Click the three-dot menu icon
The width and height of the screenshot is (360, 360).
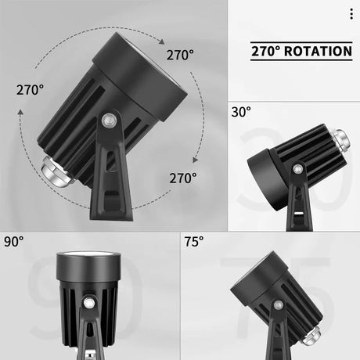(x=351, y=14)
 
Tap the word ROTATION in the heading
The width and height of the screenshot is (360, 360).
(x=316, y=52)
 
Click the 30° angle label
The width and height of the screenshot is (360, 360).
(x=241, y=112)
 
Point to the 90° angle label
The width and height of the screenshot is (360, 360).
(x=14, y=241)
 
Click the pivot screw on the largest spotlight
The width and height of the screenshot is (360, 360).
(x=110, y=121)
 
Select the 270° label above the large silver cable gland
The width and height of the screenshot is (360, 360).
(x=30, y=89)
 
